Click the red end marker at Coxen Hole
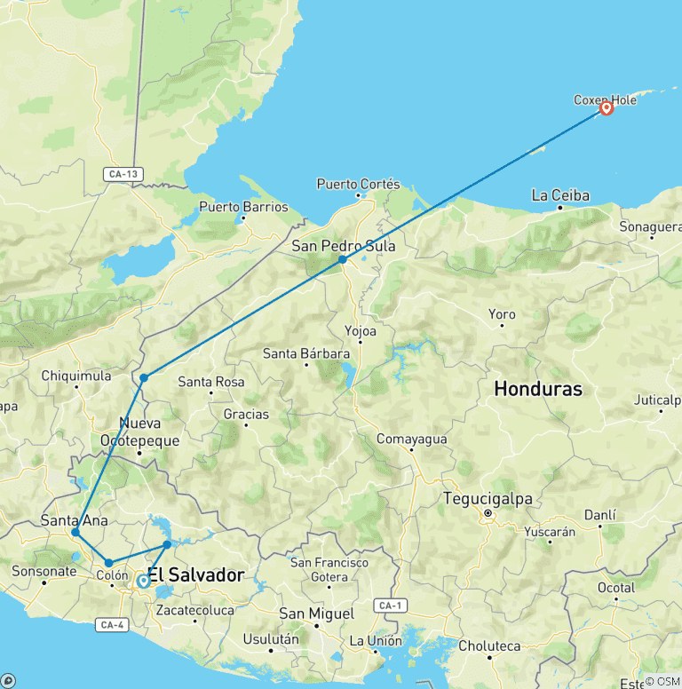click(x=607, y=108)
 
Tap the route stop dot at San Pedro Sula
click(x=342, y=260)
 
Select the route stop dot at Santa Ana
click(x=75, y=533)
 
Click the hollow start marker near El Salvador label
click(x=143, y=582)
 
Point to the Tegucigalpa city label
click(x=488, y=499)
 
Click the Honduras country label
click(x=538, y=389)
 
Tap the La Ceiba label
click(x=560, y=194)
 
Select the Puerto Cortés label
click(x=359, y=185)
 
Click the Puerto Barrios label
click(x=243, y=207)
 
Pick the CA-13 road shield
click(x=120, y=174)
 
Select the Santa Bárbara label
click(x=306, y=353)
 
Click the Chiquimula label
click(x=76, y=376)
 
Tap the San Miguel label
click(x=316, y=614)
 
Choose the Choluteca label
click(x=489, y=645)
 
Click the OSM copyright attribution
click(x=662, y=681)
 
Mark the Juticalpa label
click(x=656, y=400)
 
